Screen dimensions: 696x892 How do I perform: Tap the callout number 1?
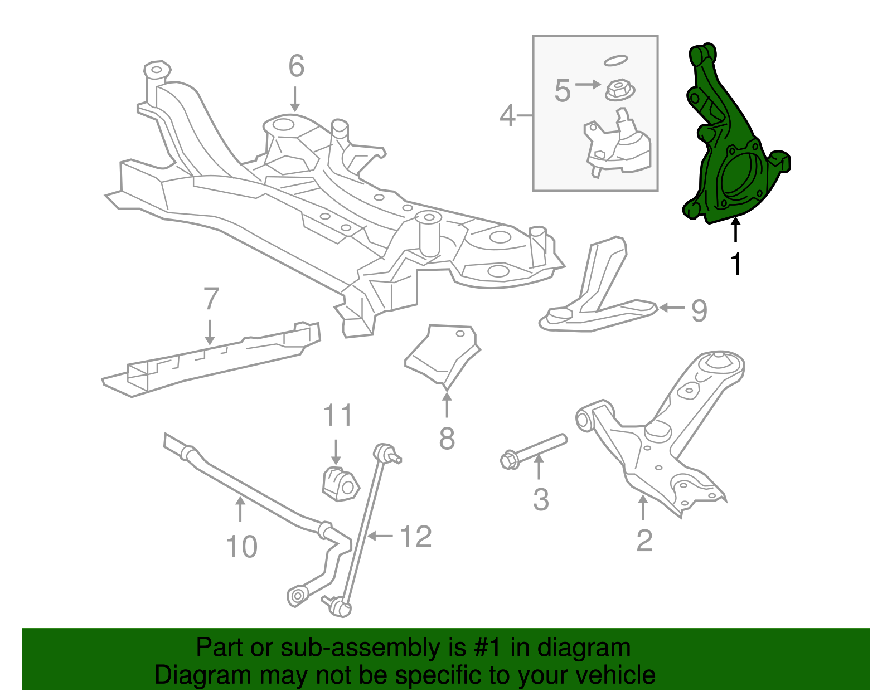tap(736, 264)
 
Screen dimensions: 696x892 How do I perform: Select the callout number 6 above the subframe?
tap(296, 66)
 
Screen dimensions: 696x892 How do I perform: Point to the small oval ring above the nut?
tap(615, 60)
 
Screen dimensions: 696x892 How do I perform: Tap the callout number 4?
tap(507, 116)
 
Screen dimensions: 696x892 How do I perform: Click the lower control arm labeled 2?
tap(658, 446)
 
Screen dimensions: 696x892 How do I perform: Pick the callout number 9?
tap(699, 310)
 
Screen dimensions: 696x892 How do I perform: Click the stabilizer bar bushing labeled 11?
tap(338, 484)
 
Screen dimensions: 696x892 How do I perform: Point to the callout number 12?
tap(416, 537)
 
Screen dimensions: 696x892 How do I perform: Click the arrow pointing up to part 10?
tap(240, 508)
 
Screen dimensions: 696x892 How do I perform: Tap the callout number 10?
tap(241, 547)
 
